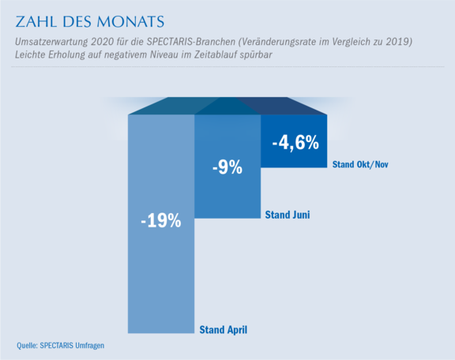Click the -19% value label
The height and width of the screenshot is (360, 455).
pos(161,221)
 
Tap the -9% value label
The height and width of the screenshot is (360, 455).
pos(227,167)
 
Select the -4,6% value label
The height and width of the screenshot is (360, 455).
pos(295,143)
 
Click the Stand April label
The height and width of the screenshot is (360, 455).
pos(223,330)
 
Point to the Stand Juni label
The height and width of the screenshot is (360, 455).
pos(288,215)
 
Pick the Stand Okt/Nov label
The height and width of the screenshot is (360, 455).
pos(360,164)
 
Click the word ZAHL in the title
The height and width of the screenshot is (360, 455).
pos(36,22)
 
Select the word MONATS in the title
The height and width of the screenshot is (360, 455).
pos(130,22)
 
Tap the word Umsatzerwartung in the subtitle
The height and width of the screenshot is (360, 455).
pos(51,42)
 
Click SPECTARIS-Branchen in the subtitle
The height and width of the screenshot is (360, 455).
pos(191,42)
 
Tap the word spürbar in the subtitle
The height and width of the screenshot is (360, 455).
pos(256,54)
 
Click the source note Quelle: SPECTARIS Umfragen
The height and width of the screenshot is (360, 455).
pos(60,346)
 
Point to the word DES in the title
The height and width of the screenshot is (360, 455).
pos(77,22)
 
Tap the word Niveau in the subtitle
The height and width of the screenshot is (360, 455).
pos(164,54)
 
